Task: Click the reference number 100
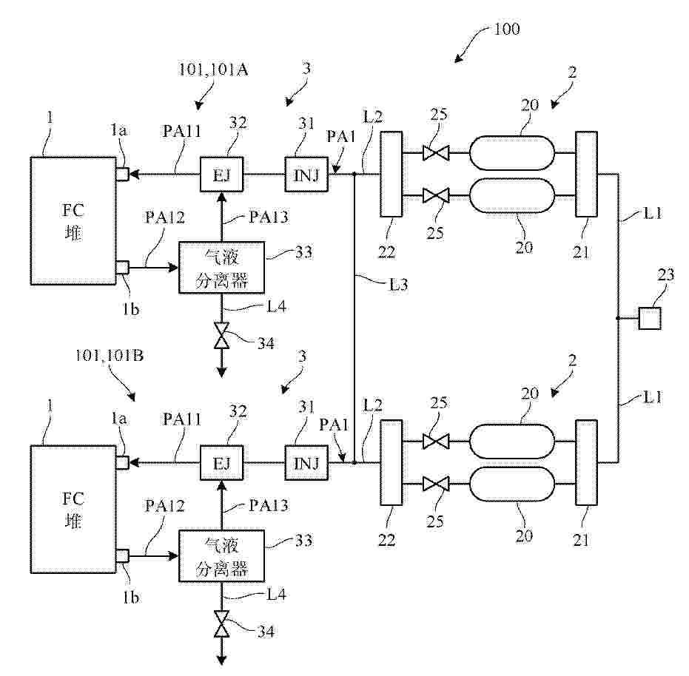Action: (x=506, y=30)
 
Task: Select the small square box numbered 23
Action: (x=650, y=318)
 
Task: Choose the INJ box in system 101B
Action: (x=306, y=464)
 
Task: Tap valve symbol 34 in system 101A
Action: (x=221, y=337)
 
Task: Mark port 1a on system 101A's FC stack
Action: (x=123, y=175)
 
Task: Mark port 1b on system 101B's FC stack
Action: (x=123, y=555)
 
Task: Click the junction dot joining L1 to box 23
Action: (x=617, y=319)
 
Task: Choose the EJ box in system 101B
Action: (x=221, y=464)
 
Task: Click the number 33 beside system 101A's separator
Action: (x=303, y=252)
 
